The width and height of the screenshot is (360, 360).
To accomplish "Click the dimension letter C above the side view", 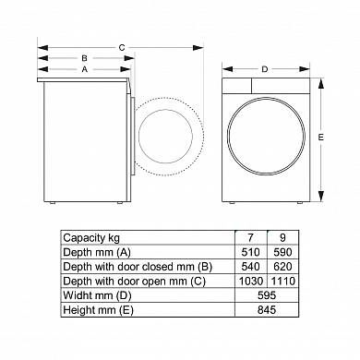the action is (x=122, y=48).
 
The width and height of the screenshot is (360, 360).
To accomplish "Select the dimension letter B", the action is (x=84, y=58).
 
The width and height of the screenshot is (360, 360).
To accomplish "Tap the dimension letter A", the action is (x=85, y=69).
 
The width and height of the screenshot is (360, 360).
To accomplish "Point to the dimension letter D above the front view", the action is (x=265, y=69).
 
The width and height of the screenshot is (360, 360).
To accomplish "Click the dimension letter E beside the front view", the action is (x=321, y=138).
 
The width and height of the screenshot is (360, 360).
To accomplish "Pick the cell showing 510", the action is (x=250, y=252).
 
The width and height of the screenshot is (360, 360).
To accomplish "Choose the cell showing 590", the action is (x=282, y=252).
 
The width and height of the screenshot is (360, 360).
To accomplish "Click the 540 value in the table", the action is (x=250, y=267).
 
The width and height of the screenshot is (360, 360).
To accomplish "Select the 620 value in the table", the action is (x=282, y=267).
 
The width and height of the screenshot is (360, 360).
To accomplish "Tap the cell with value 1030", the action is (x=251, y=281).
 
